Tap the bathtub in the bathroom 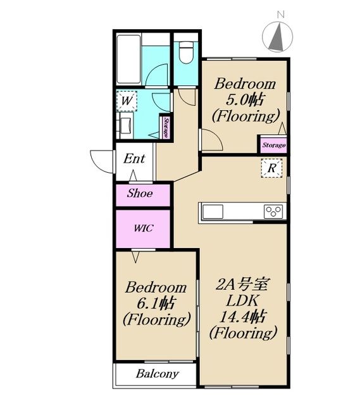tap(128, 59)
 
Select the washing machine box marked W tap(127, 101)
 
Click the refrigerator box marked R tap(271, 168)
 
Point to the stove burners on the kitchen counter tap(274, 212)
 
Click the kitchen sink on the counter tap(213, 212)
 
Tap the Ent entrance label tap(134, 159)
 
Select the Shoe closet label tap(139, 194)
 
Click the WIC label tap(144, 228)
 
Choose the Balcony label tap(158, 374)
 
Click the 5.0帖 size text tap(245, 100)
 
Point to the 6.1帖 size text tap(156, 303)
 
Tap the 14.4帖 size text tap(242, 316)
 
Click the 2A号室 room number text tap(243, 284)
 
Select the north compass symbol tap(278, 36)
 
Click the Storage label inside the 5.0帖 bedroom tap(274, 145)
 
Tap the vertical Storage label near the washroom tap(166, 128)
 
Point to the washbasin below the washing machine tap(126, 125)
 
